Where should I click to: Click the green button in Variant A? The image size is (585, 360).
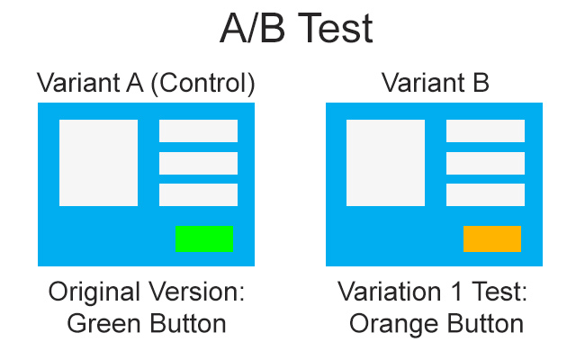point(204,238)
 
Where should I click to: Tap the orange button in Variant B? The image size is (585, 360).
point(492,238)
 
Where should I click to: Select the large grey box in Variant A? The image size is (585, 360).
point(98,163)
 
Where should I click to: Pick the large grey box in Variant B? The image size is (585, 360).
point(385,163)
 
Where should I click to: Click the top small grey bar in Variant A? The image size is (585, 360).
point(199,130)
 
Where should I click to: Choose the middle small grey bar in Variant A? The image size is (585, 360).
point(199,163)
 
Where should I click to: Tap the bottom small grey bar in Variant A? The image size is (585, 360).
point(199,194)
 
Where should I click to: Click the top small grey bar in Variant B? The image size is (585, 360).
point(485,130)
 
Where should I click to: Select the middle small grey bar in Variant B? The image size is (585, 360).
point(485,163)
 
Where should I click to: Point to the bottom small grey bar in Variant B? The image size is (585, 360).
point(485,194)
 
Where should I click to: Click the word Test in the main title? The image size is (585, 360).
point(336,29)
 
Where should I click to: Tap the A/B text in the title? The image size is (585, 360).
point(253,29)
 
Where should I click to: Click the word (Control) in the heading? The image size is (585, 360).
point(203,83)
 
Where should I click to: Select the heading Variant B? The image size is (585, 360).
point(435,83)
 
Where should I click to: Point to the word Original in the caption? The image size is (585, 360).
point(94,292)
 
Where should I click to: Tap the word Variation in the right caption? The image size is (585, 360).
point(390,292)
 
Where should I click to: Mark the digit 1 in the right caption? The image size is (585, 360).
point(456,292)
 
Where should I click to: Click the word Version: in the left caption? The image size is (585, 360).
point(196,292)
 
